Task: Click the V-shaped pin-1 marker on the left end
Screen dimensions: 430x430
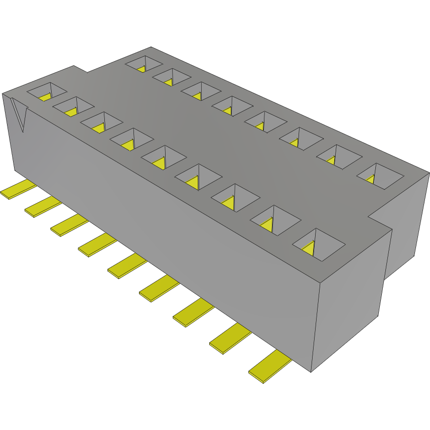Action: point(19,115)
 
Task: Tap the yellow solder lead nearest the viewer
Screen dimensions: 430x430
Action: point(270,366)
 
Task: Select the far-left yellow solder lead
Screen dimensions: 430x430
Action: point(19,190)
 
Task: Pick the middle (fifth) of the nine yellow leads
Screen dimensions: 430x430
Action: point(127,265)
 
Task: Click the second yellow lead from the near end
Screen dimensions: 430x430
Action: point(230,337)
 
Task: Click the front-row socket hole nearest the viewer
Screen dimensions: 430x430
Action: point(319,244)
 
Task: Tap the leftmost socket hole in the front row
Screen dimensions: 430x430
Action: point(46,91)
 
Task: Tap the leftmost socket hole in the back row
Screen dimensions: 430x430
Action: point(144,63)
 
